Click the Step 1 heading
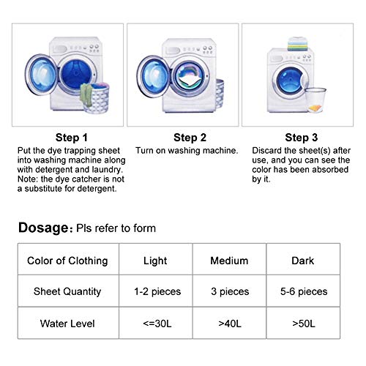pyautogui.click(x=72, y=137)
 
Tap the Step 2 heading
pyautogui.click(x=190, y=137)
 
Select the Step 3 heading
pyautogui.click(x=302, y=137)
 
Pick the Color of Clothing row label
pyautogui.click(x=67, y=261)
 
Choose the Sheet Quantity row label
pyautogui.click(x=67, y=291)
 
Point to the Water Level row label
pyautogui.click(x=67, y=323)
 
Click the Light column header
pyautogui.click(x=155, y=261)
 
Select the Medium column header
pyautogui.click(x=229, y=261)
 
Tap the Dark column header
pyautogui.click(x=303, y=261)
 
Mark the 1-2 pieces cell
pyautogui.click(x=155, y=291)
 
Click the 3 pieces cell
pyautogui.click(x=229, y=291)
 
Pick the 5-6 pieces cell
pyautogui.click(x=303, y=291)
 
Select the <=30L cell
pyautogui.click(x=155, y=323)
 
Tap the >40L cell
pyautogui.click(x=229, y=323)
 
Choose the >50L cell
pyautogui.click(x=303, y=323)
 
